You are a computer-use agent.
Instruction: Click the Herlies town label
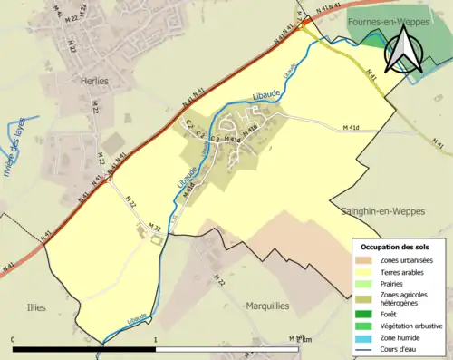[94, 81]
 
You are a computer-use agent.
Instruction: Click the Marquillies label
[267, 306]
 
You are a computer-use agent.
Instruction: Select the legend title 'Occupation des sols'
[397, 247]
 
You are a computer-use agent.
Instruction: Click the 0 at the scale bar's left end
[14, 339]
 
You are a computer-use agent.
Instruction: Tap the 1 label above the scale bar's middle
[156, 339]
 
